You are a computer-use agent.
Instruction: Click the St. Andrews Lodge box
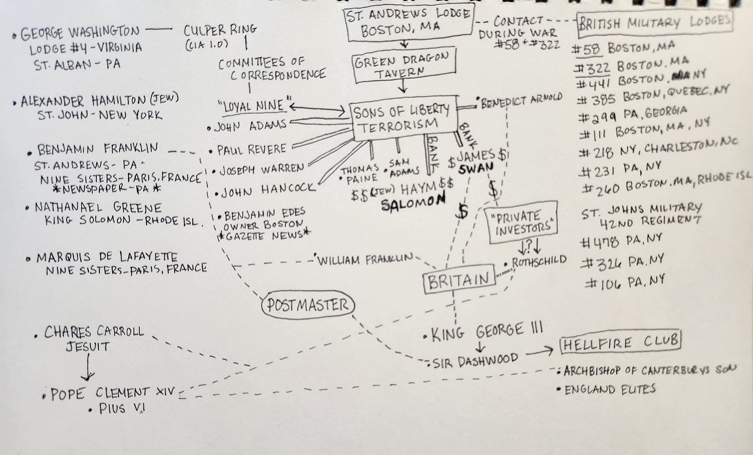pyautogui.click(x=409, y=22)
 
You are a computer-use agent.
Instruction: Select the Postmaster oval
pyautogui.click(x=307, y=305)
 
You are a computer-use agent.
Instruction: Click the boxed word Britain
pyautogui.click(x=458, y=281)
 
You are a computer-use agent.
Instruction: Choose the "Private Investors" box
pyautogui.click(x=523, y=222)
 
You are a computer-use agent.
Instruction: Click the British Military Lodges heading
pyautogui.click(x=655, y=23)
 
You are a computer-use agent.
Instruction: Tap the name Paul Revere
pyautogui.click(x=251, y=150)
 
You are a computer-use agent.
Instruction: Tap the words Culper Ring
pyautogui.click(x=220, y=30)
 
